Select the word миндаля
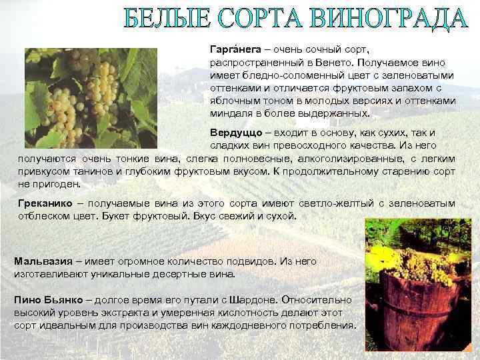click(229, 113)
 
